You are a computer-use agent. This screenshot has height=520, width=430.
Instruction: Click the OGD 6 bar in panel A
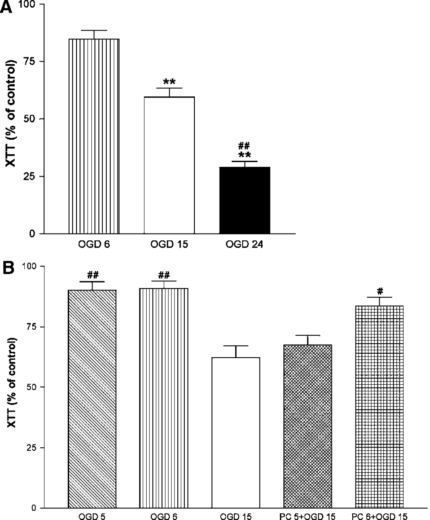tap(94, 136)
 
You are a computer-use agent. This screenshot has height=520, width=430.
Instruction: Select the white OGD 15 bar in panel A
tap(169, 165)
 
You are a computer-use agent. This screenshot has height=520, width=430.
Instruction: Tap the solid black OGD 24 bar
tap(245, 200)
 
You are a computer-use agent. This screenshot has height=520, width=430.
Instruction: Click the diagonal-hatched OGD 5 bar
tap(92, 399)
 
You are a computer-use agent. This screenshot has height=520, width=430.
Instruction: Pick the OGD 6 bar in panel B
tap(164, 398)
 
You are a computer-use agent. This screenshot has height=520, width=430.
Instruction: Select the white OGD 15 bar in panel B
tap(236, 432)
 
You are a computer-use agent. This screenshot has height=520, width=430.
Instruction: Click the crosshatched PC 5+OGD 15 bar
tap(308, 427)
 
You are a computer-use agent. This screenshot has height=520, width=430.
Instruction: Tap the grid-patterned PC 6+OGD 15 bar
tap(379, 407)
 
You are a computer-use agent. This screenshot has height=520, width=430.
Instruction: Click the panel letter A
tap(6, 8)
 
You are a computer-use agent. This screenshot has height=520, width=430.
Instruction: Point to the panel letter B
tap(8, 269)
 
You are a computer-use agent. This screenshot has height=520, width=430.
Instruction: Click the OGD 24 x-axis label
tap(244, 244)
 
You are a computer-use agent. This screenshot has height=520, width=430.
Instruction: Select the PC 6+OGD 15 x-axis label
tap(379, 516)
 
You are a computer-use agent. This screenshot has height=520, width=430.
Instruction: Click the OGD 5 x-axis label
tap(92, 516)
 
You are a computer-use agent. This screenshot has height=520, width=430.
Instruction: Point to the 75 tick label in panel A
tap(29, 61)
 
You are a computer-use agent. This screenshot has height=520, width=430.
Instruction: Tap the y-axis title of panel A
tap(11, 113)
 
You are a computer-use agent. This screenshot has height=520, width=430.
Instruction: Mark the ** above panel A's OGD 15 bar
tap(169, 82)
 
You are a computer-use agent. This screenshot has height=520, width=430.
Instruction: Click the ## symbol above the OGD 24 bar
tap(244, 146)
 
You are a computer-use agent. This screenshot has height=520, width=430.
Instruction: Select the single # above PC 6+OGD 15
tap(380, 290)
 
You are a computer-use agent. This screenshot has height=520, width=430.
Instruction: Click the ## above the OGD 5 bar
tap(93, 275)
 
